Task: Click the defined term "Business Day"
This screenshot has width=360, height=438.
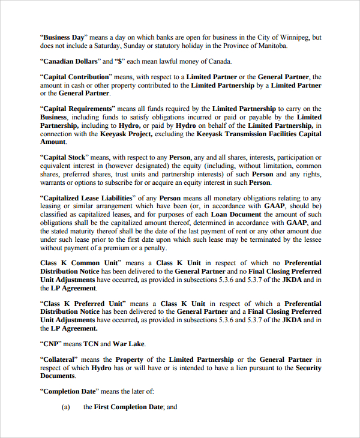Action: [64, 37]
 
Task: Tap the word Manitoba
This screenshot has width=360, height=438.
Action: [271, 46]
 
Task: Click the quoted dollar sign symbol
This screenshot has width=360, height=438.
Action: [122, 61]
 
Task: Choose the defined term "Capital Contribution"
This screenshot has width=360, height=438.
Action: [76, 77]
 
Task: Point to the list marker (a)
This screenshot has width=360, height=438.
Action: [66, 407]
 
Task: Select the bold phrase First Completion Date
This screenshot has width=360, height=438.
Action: [128, 407]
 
